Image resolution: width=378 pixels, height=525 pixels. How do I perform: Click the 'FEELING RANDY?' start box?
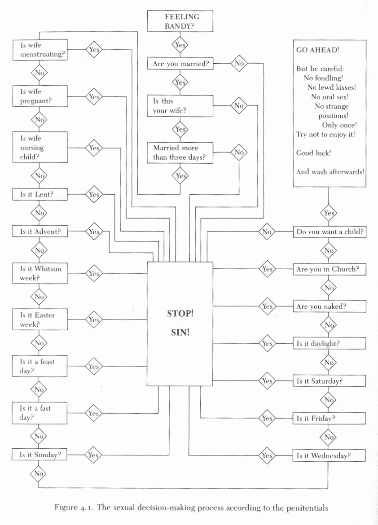[180, 21]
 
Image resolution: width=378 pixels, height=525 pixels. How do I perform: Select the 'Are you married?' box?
[180, 64]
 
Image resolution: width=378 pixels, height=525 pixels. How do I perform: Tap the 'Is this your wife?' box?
[180, 106]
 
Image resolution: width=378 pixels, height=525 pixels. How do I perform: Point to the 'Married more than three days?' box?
[180, 153]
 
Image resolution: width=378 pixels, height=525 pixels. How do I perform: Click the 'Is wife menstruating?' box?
[40, 50]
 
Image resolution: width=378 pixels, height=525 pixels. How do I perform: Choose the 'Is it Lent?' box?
[40, 194]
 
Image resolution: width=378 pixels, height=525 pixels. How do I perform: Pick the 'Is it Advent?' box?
[40, 232]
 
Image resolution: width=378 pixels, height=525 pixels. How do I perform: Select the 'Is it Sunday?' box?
[40, 455]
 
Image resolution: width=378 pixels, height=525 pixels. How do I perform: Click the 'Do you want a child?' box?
[330, 232]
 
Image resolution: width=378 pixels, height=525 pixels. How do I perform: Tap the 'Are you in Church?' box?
[330, 269]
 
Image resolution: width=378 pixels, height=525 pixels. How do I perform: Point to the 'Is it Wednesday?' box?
[329, 456]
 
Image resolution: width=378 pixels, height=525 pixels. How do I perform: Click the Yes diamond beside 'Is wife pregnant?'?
[94, 97]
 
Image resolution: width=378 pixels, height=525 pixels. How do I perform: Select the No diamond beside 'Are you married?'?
[239, 63]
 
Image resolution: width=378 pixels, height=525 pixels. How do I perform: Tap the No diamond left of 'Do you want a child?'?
[267, 232]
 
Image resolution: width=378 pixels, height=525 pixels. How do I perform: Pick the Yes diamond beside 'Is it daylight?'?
[268, 343]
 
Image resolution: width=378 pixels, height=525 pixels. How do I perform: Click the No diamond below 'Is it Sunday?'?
[39, 473]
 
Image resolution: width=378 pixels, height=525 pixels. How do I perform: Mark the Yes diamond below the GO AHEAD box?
[329, 213]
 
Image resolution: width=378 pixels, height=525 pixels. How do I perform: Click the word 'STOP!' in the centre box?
[180, 314]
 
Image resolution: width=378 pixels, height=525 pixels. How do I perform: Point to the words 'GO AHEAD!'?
[318, 50]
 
